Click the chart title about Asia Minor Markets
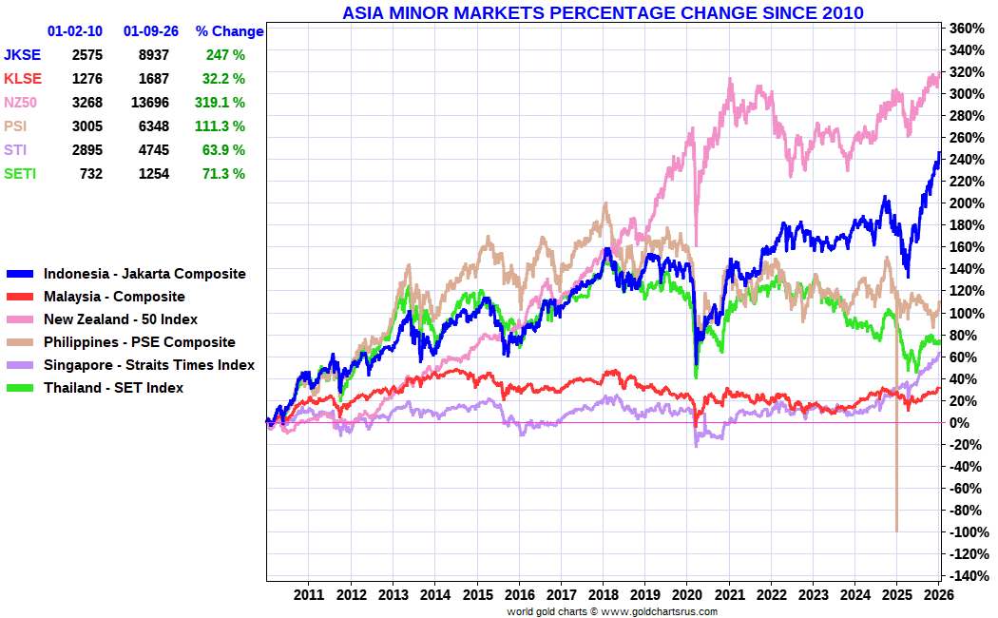click(x=603, y=12)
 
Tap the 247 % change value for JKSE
click(x=226, y=55)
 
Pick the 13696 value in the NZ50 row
click(x=150, y=102)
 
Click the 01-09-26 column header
click(x=150, y=31)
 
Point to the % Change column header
click(x=229, y=31)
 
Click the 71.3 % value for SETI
click(x=224, y=173)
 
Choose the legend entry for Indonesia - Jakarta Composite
click(x=144, y=274)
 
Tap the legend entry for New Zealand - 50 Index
click(x=121, y=319)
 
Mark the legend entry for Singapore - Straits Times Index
click(x=149, y=365)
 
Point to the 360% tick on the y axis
click(x=967, y=28)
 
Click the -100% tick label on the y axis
click(x=966, y=531)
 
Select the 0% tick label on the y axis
click(x=959, y=422)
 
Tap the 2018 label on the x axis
click(x=603, y=594)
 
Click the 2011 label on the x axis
click(x=309, y=594)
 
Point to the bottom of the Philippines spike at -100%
click(x=896, y=530)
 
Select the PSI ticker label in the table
click(x=15, y=126)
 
